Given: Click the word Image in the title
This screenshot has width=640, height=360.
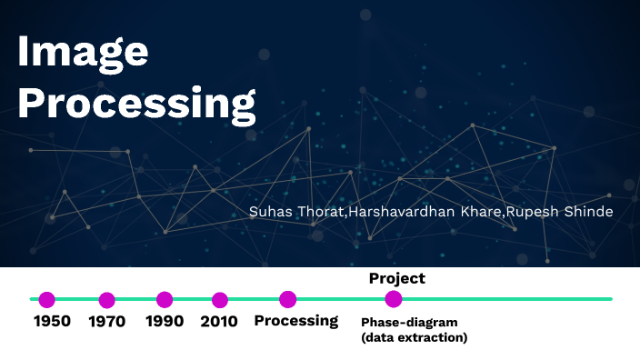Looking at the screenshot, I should pyautogui.click(x=83, y=53).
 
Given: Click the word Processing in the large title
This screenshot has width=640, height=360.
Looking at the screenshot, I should pyautogui.click(x=136, y=105).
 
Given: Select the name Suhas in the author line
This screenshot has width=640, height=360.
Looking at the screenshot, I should pyautogui.click(x=269, y=211).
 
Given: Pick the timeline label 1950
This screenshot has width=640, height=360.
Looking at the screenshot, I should pyautogui.click(x=52, y=321).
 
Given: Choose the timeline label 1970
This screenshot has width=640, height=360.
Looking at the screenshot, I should pyautogui.click(x=107, y=321).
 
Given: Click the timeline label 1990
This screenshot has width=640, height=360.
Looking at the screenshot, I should pyautogui.click(x=164, y=321).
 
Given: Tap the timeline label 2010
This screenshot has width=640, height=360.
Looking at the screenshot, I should pyautogui.click(x=219, y=321).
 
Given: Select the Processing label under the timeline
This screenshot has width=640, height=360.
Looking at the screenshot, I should pyautogui.click(x=295, y=321).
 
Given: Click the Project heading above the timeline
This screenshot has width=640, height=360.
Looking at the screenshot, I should pyautogui.click(x=396, y=278).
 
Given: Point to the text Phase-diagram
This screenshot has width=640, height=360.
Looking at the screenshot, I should pyautogui.click(x=409, y=323).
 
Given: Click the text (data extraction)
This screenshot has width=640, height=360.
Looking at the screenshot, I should pyautogui.click(x=414, y=337).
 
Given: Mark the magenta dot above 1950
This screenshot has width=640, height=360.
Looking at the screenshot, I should pyautogui.click(x=47, y=299).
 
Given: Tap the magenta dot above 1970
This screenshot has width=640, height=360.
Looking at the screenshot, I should pyautogui.click(x=107, y=299).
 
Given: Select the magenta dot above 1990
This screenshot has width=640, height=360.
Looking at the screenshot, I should pyautogui.click(x=165, y=299).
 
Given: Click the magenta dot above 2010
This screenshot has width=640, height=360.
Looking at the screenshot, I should pyautogui.click(x=219, y=299).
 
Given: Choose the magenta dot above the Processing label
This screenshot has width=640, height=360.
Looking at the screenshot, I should pyautogui.click(x=288, y=298).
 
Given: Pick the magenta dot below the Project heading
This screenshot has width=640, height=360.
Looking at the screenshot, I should pyautogui.click(x=394, y=298).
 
